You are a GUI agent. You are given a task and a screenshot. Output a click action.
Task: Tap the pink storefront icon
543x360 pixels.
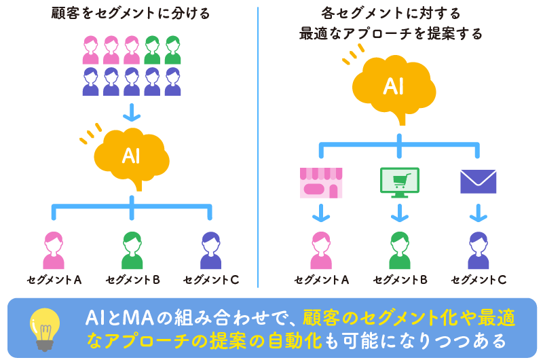321,182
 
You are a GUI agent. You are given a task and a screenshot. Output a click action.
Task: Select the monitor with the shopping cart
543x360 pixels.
399,182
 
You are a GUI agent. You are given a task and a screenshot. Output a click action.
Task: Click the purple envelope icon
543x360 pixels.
478,181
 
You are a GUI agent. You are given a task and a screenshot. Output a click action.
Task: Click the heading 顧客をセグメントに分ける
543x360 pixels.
129,14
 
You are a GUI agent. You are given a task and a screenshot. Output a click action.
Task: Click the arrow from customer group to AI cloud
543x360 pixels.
129,111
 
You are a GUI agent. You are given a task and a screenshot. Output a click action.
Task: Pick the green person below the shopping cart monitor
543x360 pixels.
399,250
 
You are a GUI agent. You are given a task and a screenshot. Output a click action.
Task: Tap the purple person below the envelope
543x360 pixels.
478,250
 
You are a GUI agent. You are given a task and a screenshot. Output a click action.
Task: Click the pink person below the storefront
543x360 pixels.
321,250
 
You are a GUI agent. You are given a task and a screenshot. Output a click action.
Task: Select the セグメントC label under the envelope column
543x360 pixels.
479,280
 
